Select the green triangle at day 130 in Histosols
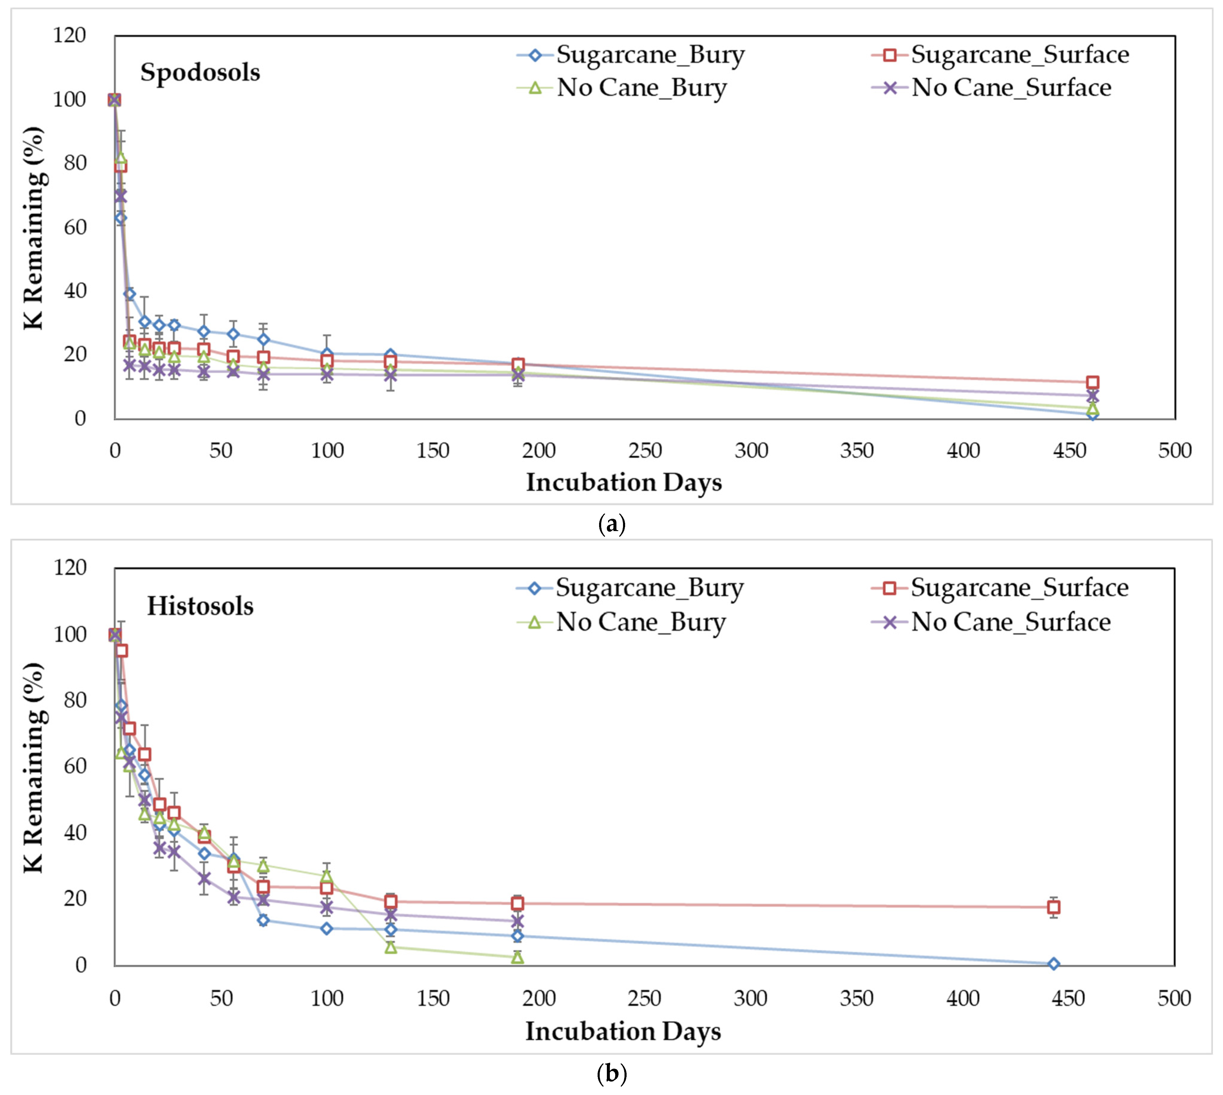pyautogui.click(x=390, y=947)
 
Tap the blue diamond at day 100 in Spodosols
pyautogui.click(x=327, y=354)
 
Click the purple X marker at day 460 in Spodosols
pyautogui.click(x=1092, y=396)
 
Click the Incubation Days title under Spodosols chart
pyautogui.click(x=624, y=483)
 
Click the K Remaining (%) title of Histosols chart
pyautogui.click(x=34, y=767)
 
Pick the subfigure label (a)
pyautogui.click(x=612, y=524)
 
